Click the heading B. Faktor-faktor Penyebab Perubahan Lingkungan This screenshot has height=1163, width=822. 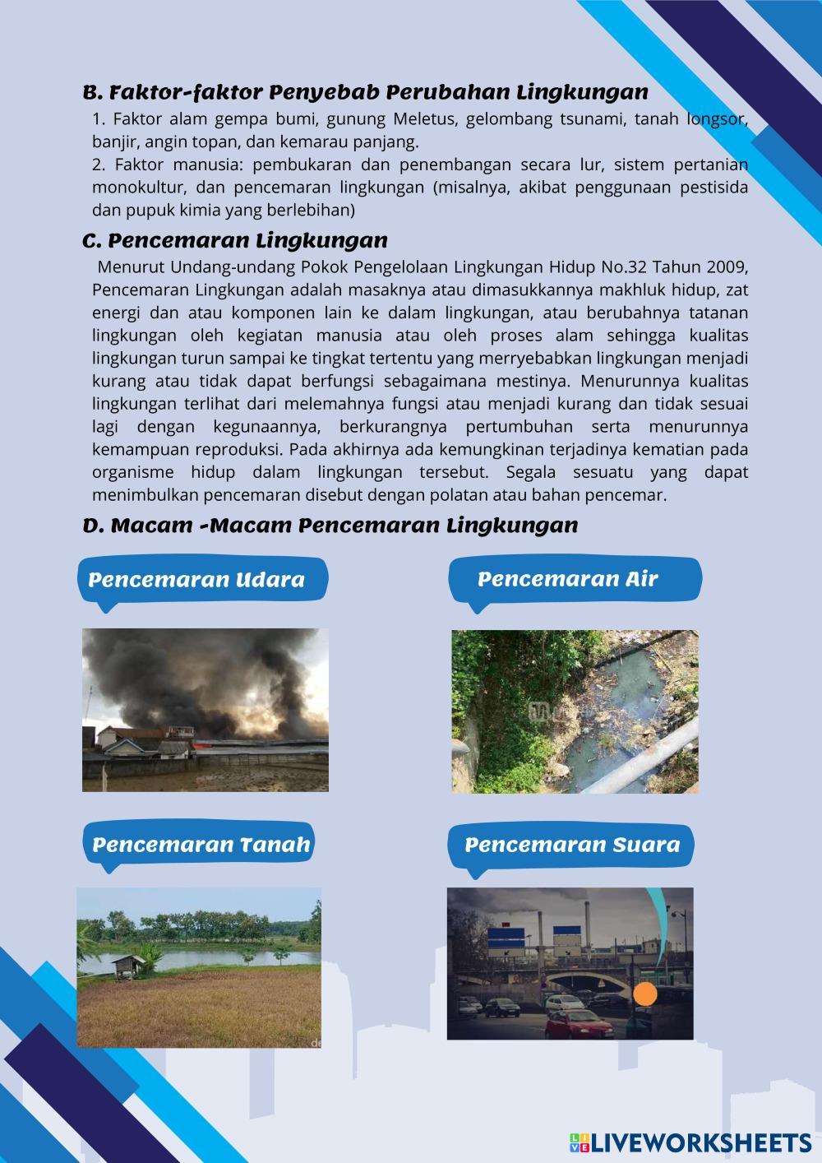(366, 91)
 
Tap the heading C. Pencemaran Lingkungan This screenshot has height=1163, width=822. (235, 241)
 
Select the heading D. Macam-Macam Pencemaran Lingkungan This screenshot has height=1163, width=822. (330, 525)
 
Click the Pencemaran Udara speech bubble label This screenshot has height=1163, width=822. (196, 580)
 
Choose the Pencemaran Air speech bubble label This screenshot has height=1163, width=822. (568, 579)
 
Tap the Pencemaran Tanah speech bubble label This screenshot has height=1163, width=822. (201, 845)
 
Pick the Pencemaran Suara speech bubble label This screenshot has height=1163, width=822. (572, 846)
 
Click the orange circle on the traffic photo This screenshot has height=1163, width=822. (647, 995)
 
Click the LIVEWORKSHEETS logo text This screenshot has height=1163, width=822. (701, 1142)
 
